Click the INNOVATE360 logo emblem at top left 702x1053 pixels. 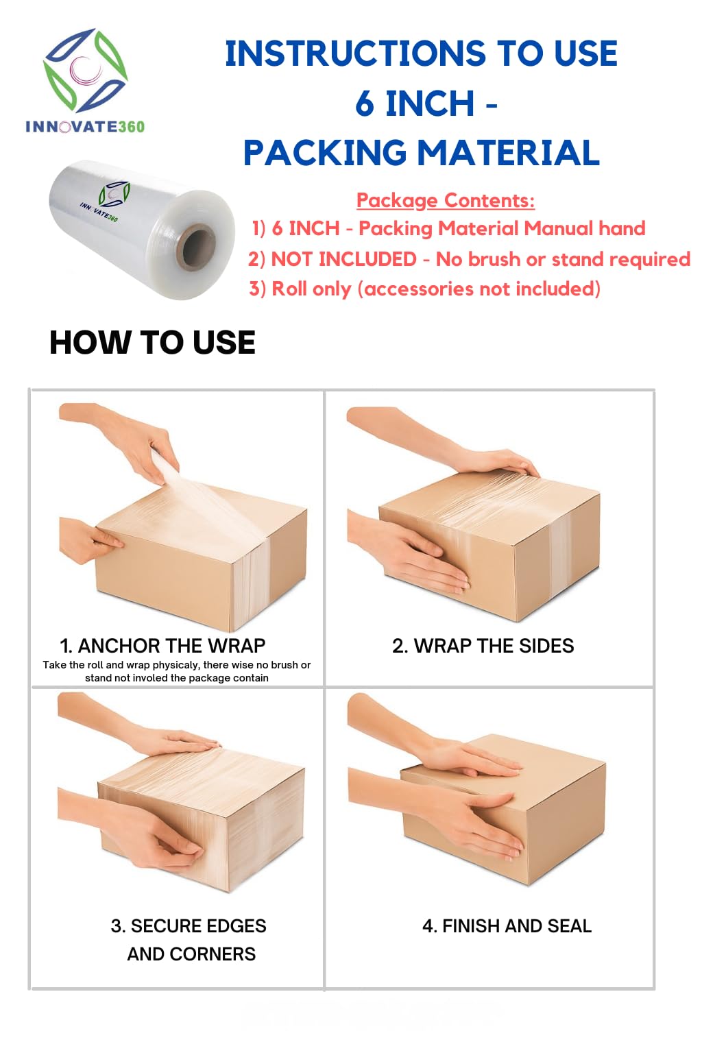85,71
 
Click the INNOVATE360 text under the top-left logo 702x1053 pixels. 85,126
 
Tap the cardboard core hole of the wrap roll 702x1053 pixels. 199,247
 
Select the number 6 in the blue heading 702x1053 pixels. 365,104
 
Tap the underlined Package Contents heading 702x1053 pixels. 446,201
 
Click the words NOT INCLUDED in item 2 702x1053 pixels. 344,259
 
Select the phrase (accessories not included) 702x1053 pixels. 479,289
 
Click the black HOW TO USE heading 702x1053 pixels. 152,342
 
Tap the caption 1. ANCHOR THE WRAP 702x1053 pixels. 162,646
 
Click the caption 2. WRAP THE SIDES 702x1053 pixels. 483,646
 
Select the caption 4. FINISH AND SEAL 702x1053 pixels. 507,926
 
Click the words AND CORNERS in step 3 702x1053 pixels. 191,954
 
